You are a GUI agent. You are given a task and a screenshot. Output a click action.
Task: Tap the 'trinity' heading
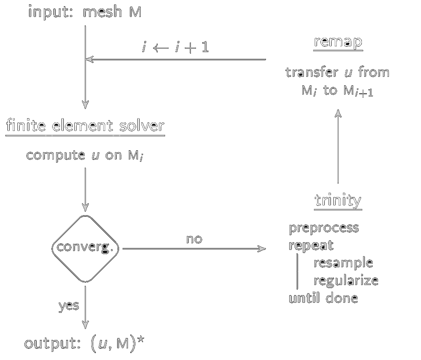coord(338,200)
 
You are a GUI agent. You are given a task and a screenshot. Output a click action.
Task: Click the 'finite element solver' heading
coord(85,126)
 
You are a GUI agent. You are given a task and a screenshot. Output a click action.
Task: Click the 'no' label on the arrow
coord(194,239)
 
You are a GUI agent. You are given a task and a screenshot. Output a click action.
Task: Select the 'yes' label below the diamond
coord(68,306)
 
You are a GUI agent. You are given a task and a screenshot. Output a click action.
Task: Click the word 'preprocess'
coord(324,228)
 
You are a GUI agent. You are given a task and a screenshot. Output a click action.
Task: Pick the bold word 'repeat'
coord(311,245)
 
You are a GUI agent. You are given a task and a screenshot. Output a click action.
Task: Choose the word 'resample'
coord(343,263)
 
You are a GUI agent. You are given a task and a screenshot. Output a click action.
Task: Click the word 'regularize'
coord(346,280)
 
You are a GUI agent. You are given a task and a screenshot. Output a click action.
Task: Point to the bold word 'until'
coord(304,298)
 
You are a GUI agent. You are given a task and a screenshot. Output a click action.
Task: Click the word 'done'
coord(342,298)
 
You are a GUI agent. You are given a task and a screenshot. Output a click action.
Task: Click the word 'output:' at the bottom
coord(54,343)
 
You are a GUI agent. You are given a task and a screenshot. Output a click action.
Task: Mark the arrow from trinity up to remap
coord(338,147)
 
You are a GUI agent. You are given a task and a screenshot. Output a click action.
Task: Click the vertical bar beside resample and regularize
coord(297,271)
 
